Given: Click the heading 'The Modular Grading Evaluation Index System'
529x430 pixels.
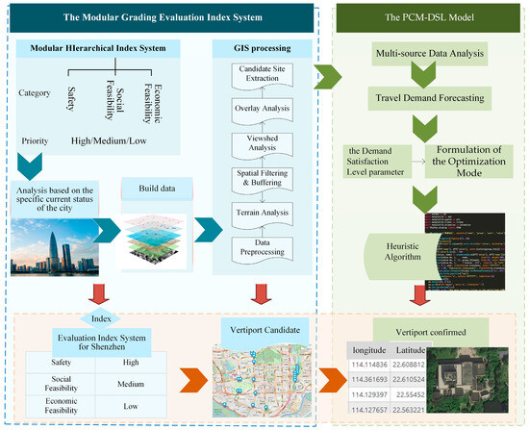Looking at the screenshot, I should point(159,17).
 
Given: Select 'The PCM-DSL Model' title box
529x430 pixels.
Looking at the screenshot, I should point(427,17).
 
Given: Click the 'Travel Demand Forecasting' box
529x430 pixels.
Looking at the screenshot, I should point(427,96).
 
